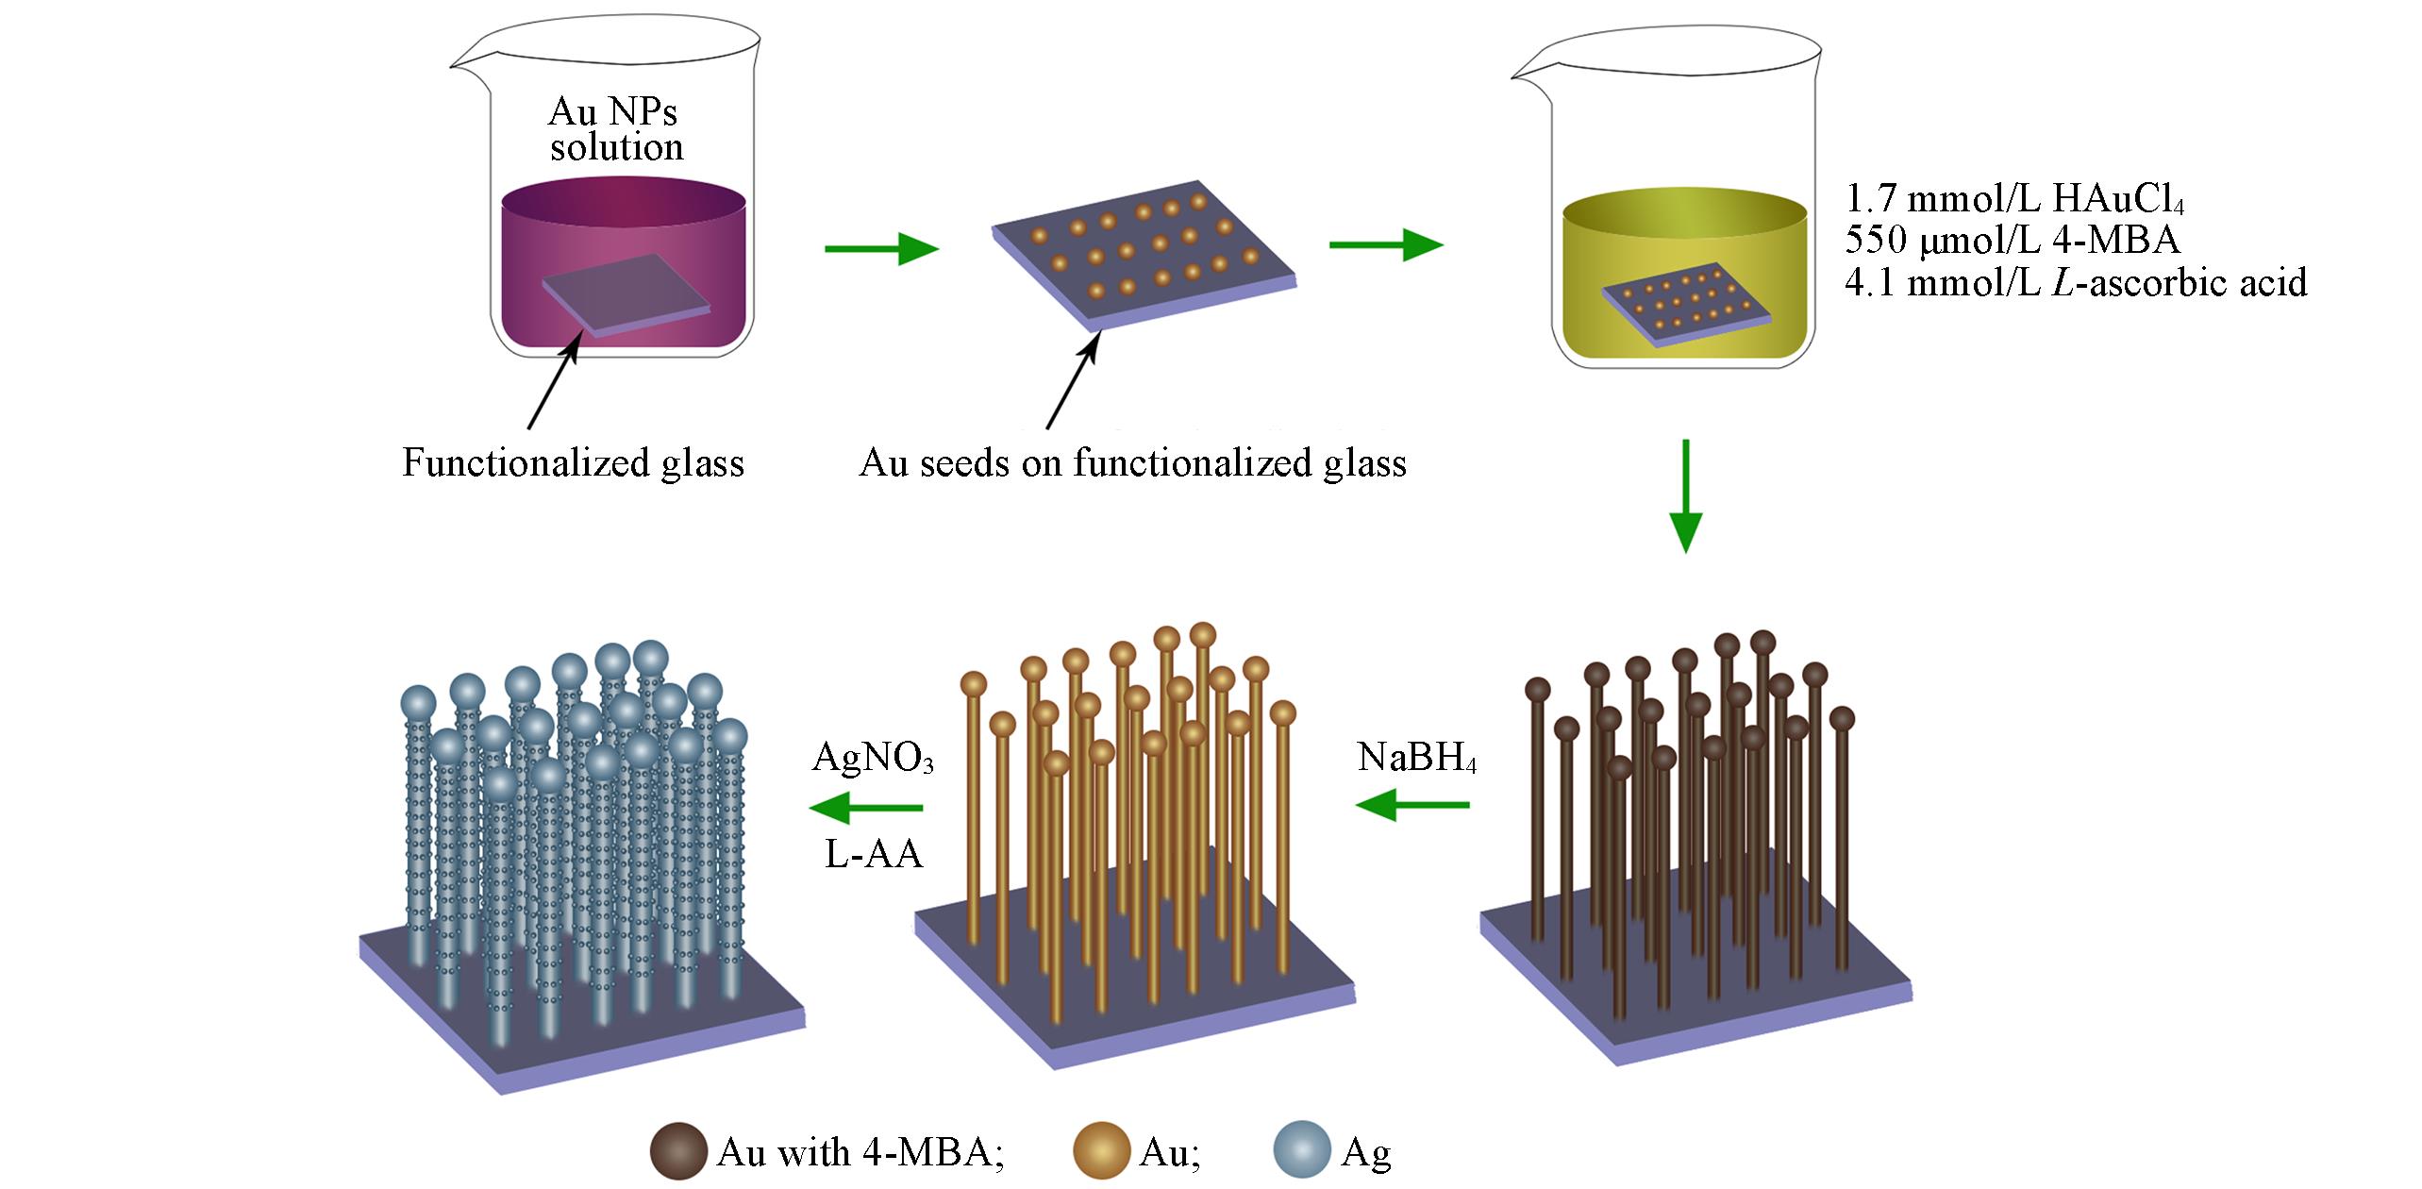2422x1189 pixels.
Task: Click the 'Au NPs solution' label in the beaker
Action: click(x=615, y=129)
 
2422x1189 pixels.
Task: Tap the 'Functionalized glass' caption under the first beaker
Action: click(x=573, y=463)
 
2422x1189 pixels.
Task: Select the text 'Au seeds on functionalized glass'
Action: click(x=1132, y=463)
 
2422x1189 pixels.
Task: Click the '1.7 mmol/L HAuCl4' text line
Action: click(x=2014, y=200)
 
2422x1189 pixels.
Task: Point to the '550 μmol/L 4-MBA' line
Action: click(x=2013, y=241)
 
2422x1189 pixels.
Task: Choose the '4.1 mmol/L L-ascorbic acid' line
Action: click(x=2076, y=282)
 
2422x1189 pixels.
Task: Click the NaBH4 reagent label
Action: click(x=1417, y=758)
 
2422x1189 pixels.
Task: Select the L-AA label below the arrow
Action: click(x=873, y=853)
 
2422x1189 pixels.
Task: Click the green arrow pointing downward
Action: click(x=1685, y=495)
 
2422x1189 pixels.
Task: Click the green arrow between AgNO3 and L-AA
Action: click(x=865, y=808)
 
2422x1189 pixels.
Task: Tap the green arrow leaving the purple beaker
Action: click(x=881, y=249)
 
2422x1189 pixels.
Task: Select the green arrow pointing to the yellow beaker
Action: click(x=1385, y=245)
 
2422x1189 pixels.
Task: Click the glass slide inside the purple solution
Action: click(x=626, y=293)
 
